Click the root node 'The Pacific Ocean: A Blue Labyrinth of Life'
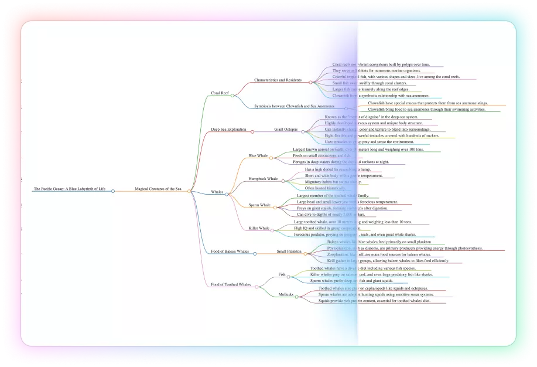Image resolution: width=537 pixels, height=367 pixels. click(70, 189)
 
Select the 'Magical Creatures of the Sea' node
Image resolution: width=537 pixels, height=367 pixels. click(158, 189)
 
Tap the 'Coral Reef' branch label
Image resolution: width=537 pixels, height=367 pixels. click(220, 93)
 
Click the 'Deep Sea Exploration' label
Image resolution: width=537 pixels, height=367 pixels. click(229, 129)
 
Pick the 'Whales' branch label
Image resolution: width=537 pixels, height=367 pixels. click(217, 192)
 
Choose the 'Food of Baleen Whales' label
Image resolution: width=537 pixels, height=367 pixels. click(230, 251)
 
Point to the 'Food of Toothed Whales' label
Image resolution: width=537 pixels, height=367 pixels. click(231, 284)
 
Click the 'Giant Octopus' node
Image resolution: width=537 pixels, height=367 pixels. click(286, 129)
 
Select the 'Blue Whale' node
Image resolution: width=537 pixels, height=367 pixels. click(258, 156)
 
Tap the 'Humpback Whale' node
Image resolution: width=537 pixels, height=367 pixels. click(263, 178)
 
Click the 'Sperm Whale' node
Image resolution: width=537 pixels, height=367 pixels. click(259, 205)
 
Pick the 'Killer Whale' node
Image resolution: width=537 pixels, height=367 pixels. click(259, 228)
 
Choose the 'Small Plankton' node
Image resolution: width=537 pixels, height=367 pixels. click(289, 251)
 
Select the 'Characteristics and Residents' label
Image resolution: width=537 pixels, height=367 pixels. click(278, 80)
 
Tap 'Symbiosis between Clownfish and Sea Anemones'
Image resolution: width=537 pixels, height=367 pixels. click(295, 106)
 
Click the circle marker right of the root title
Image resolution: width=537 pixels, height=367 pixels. click(113, 191)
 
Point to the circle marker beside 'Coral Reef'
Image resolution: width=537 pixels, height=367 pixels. click(232, 95)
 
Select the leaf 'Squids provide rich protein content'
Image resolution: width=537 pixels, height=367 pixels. click(375, 301)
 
